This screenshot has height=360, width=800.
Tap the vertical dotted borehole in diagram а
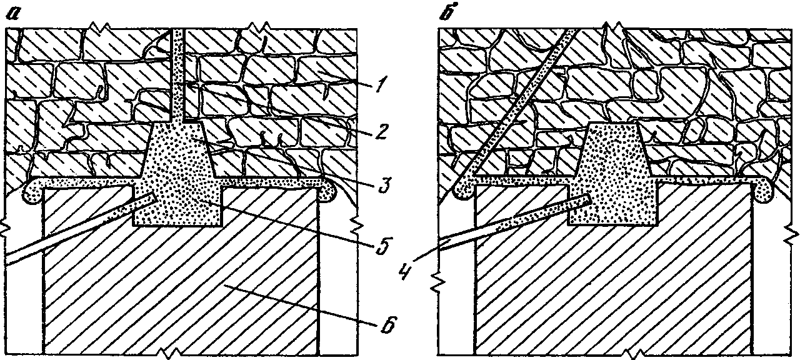tap(178, 75)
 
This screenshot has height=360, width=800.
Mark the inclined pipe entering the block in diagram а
tap(75, 231)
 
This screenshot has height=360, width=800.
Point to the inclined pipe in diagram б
tap(512, 222)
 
